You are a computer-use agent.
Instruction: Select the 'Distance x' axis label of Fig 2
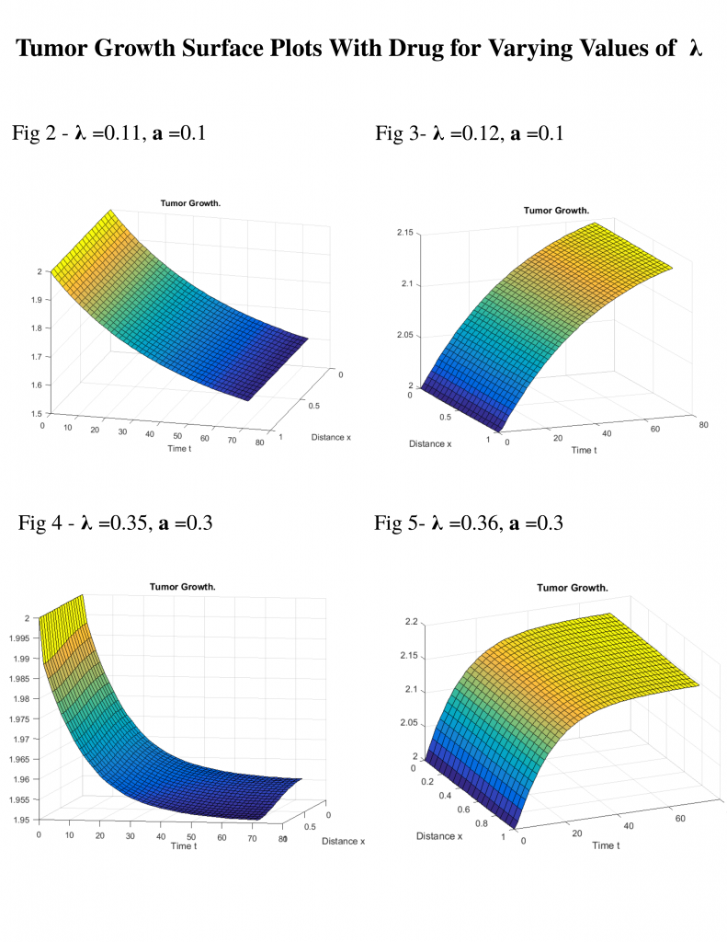point(331,437)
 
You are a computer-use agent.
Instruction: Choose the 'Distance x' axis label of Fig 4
point(344,840)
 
